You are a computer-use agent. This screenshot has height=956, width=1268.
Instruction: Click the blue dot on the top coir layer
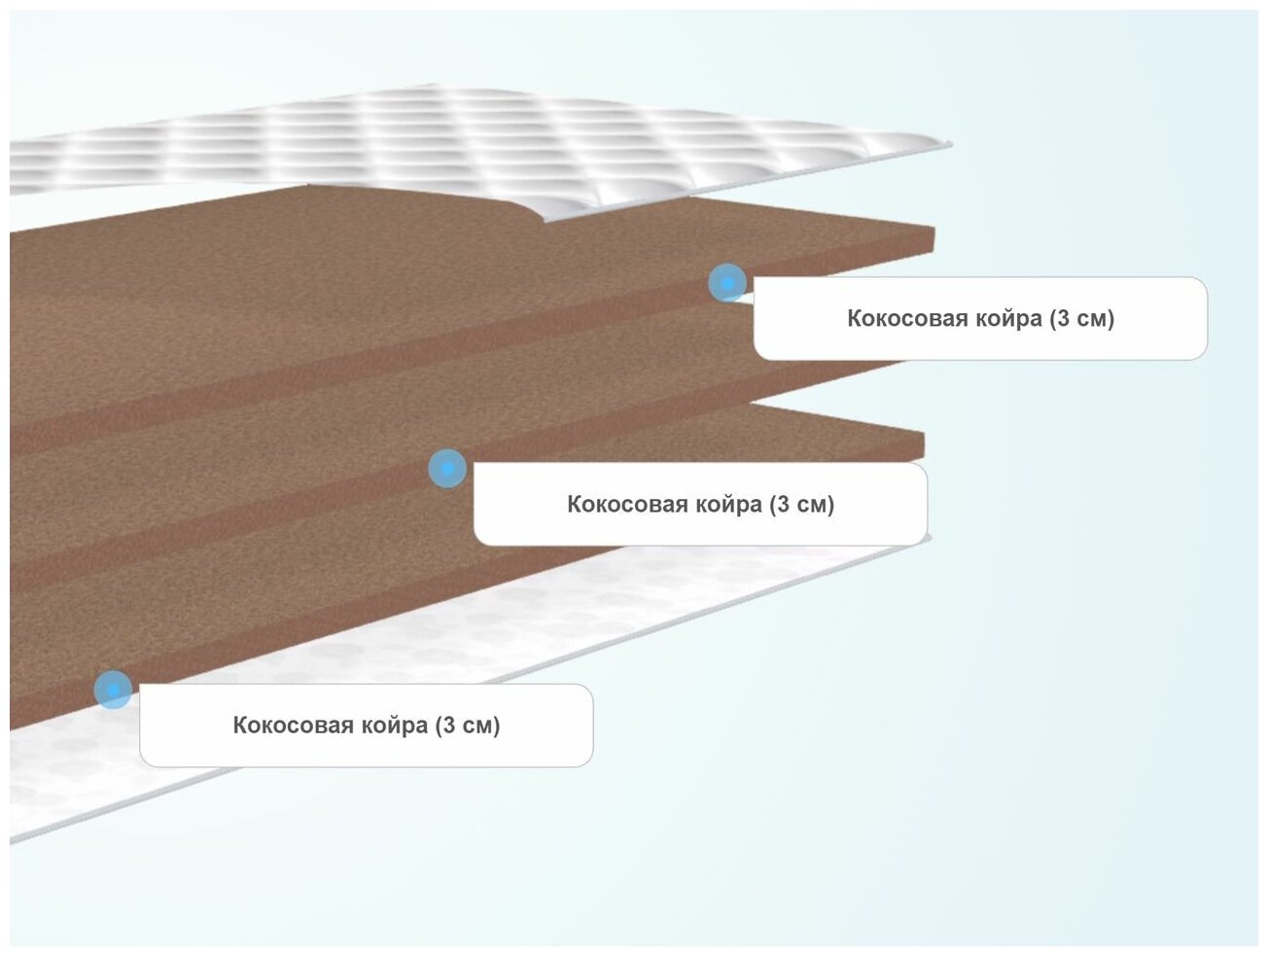(x=726, y=283)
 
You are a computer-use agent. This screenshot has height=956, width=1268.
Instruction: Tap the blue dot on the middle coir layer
(x=447, y=469)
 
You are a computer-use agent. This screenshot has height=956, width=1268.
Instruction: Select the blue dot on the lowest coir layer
(x=114, y=690)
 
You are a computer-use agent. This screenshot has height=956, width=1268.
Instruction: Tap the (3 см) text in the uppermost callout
(x=1081, y=319)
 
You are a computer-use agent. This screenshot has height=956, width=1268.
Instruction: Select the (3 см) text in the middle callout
(x=801, y=505)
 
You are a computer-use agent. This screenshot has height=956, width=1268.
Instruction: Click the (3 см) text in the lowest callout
(x=467, y=726)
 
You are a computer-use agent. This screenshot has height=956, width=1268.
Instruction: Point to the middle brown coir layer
(x=243, y=457)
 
